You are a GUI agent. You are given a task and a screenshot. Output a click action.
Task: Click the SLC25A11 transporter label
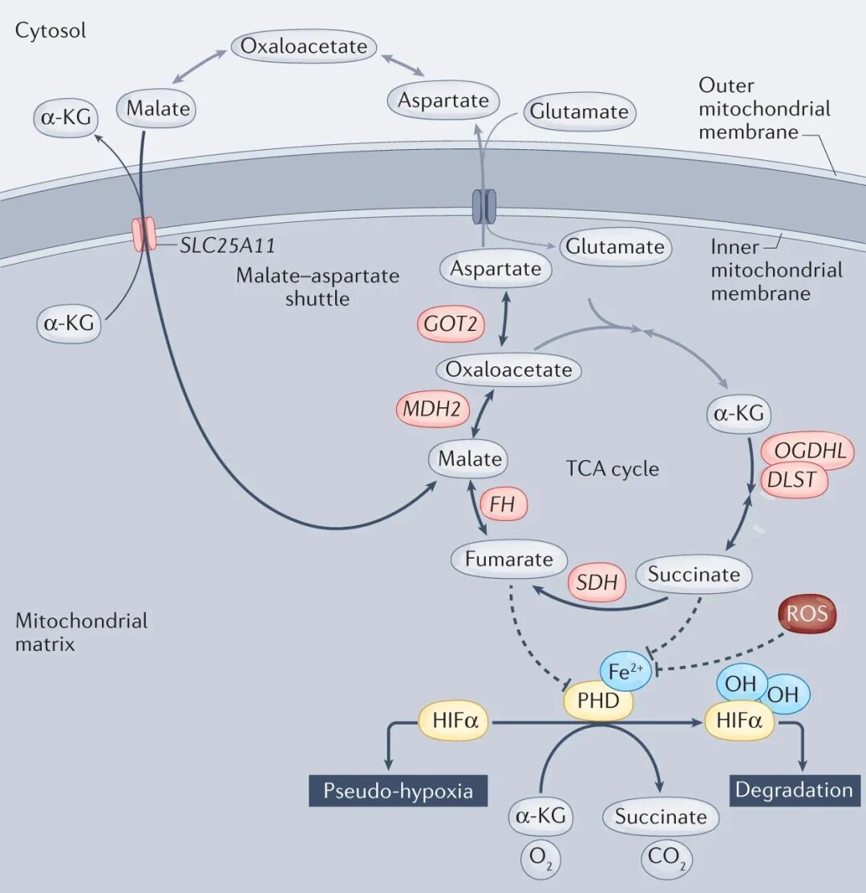tap(228, 245)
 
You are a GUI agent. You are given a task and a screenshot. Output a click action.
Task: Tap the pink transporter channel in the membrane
tap(144, 233)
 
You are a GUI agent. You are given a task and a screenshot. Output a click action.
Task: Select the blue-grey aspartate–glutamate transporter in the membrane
tap(484, 207)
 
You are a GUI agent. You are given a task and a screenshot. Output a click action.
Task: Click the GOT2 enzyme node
tap(451, 324)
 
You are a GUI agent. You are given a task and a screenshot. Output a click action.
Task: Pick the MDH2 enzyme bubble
tap(432, 409)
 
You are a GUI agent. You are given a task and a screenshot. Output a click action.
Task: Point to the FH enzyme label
tap(502, 504)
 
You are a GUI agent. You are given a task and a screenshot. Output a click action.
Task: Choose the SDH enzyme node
tap(597, 583)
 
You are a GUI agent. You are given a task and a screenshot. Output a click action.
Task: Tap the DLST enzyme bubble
tap(792, 479)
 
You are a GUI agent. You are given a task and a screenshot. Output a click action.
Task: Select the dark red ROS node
tap(807, 614)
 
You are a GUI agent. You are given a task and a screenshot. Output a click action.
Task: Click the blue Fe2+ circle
tap(625, 672)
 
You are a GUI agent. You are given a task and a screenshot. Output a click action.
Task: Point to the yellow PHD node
tap(598, 701)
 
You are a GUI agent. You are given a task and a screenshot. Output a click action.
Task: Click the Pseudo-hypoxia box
tap(399, 790)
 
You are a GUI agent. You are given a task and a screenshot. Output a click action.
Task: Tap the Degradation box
tap(795, 790)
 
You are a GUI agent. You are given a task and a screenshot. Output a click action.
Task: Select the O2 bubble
tap(540, 858)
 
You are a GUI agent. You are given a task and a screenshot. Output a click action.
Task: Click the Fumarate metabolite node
tap(508, 560)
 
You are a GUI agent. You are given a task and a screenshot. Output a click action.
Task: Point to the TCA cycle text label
tap(613, 469)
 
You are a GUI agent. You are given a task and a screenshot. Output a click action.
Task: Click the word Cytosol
tap(51, 30)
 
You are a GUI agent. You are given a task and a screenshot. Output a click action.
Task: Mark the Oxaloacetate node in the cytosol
tap(304, 46)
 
